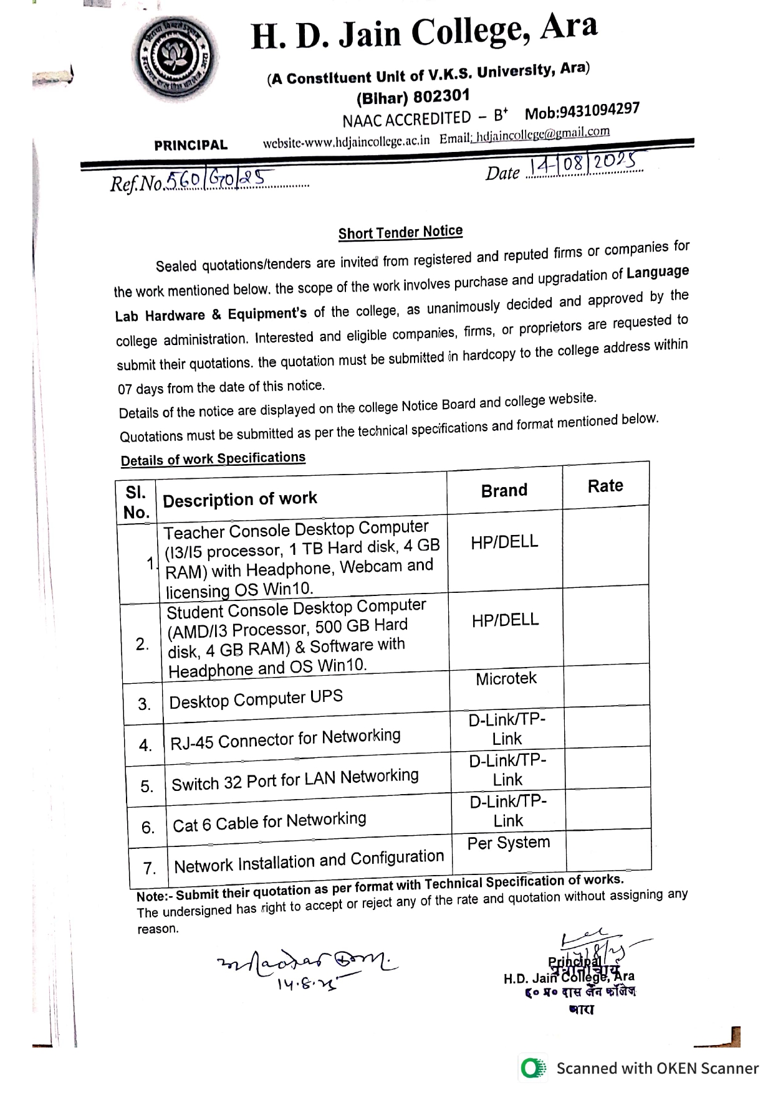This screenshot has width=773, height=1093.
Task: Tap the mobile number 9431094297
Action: coord(582,111)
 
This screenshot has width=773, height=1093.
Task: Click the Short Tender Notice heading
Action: coord(400,232)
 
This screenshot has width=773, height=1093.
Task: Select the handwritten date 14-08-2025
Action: coord(582,164)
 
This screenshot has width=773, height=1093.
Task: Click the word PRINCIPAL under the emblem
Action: coord(191,145)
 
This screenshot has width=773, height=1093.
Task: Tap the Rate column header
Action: coord(605,486)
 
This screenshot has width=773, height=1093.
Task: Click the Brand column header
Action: coord(504,491)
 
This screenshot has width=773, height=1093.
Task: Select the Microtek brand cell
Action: coord(506,679)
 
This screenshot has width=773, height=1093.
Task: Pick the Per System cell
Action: coord(509,843)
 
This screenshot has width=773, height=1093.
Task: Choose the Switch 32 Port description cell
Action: coord(295,780)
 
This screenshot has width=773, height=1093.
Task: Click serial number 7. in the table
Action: coord(149,868)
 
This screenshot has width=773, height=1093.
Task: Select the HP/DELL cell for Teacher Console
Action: coord(504,542)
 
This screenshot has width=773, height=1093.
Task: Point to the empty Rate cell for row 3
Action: coord(607,685)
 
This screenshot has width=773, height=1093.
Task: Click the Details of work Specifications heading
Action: coord(213,460)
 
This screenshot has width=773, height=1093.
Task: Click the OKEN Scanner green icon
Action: coord(532,1068)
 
